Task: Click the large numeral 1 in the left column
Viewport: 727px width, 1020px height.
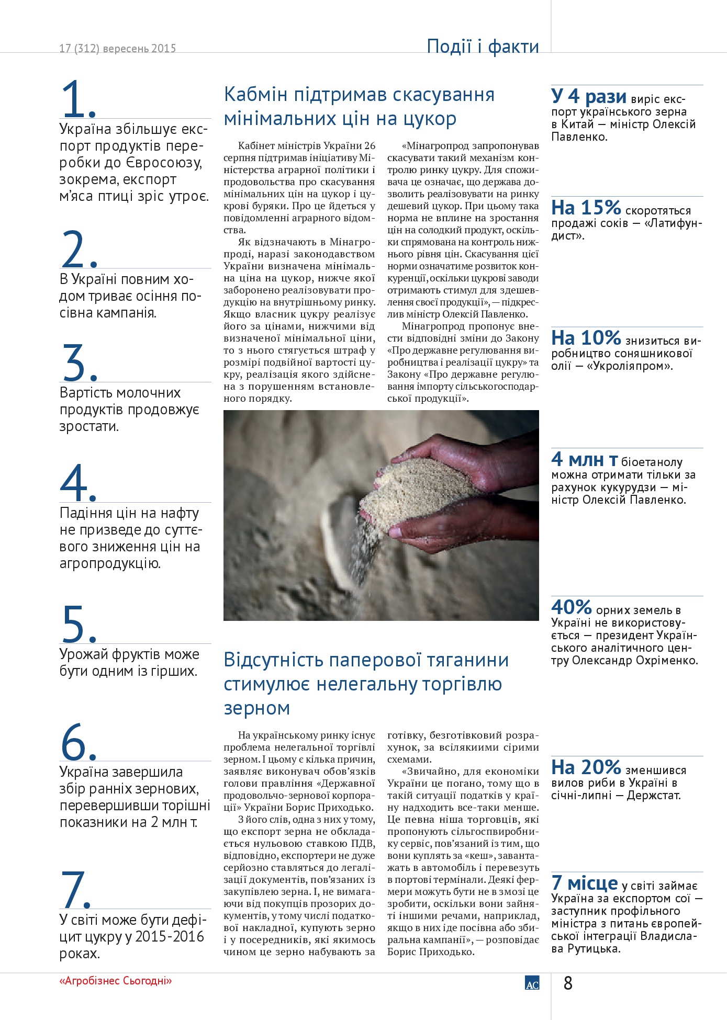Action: (x=75, y=99)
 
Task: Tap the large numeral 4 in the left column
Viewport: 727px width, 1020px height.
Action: (x=74, y=483)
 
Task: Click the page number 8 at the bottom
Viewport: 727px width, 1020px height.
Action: (x=568, y=983)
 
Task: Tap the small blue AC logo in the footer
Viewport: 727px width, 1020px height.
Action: (x=532, y=983)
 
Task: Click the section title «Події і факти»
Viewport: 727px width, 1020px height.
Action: (x=483, y=47)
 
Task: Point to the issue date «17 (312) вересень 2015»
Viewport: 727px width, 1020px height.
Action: (x=117, y=48)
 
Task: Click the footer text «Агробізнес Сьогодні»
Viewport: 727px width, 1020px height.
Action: (x=116, y=981)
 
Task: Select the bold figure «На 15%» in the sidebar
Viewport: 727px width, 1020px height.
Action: (x=586, y=208)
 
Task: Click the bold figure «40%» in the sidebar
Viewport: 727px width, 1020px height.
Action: (x=571, y=607)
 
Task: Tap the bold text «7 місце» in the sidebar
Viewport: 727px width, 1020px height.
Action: (x=584, y=883)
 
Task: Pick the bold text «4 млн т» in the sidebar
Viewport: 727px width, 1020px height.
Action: (x=584, y=459)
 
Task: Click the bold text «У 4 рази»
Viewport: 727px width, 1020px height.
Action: (x=588, y=96)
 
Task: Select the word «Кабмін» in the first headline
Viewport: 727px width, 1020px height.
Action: (x=255, y=95)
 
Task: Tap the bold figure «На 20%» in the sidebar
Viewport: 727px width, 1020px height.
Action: (x=586, y=767)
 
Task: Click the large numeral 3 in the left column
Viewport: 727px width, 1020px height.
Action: (x=74, y=362)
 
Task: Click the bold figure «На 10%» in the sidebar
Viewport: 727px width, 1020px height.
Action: (x=586, y=338)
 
